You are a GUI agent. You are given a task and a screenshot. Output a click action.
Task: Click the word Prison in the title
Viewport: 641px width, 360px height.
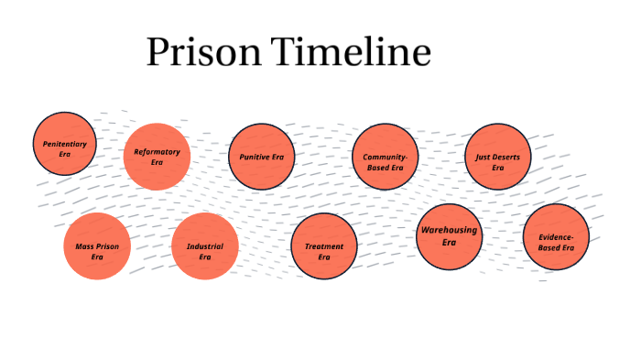[x=201, y=54]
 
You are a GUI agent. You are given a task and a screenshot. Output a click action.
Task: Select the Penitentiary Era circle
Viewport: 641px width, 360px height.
[x=64, y=144]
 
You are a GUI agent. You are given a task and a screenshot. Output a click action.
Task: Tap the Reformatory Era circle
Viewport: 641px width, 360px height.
[x=157, y=157]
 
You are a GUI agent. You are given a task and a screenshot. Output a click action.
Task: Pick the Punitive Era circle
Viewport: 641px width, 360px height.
[x=261, y=157]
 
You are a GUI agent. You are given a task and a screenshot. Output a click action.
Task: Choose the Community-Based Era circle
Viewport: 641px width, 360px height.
[x=385, y=157]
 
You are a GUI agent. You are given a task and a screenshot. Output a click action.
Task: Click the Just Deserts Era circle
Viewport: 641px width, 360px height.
[x=497, y=157]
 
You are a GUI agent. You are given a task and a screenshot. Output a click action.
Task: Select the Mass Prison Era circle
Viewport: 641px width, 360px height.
[x=97, y=246]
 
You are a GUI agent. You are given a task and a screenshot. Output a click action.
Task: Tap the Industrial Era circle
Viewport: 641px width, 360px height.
[x=205, y=246]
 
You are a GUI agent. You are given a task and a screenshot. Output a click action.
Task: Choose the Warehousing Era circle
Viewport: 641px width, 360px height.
[x=449, y=235]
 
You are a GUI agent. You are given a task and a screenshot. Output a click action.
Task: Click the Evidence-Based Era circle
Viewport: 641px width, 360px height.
[x=556, y=237]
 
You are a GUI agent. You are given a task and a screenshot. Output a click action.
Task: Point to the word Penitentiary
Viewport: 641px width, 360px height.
[x=64, y=144]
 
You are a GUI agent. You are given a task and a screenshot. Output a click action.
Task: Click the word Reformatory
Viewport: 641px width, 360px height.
[x=157, y=151]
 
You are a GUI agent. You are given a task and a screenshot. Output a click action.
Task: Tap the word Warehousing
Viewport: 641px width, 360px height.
[x=449, y=230]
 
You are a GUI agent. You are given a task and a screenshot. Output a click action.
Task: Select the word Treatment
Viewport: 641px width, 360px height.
[x=324, y=246]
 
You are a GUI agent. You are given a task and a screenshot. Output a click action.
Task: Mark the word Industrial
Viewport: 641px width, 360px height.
[x=205, y=246]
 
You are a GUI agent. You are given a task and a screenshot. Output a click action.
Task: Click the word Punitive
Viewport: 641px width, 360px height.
[x=254, y=157]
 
